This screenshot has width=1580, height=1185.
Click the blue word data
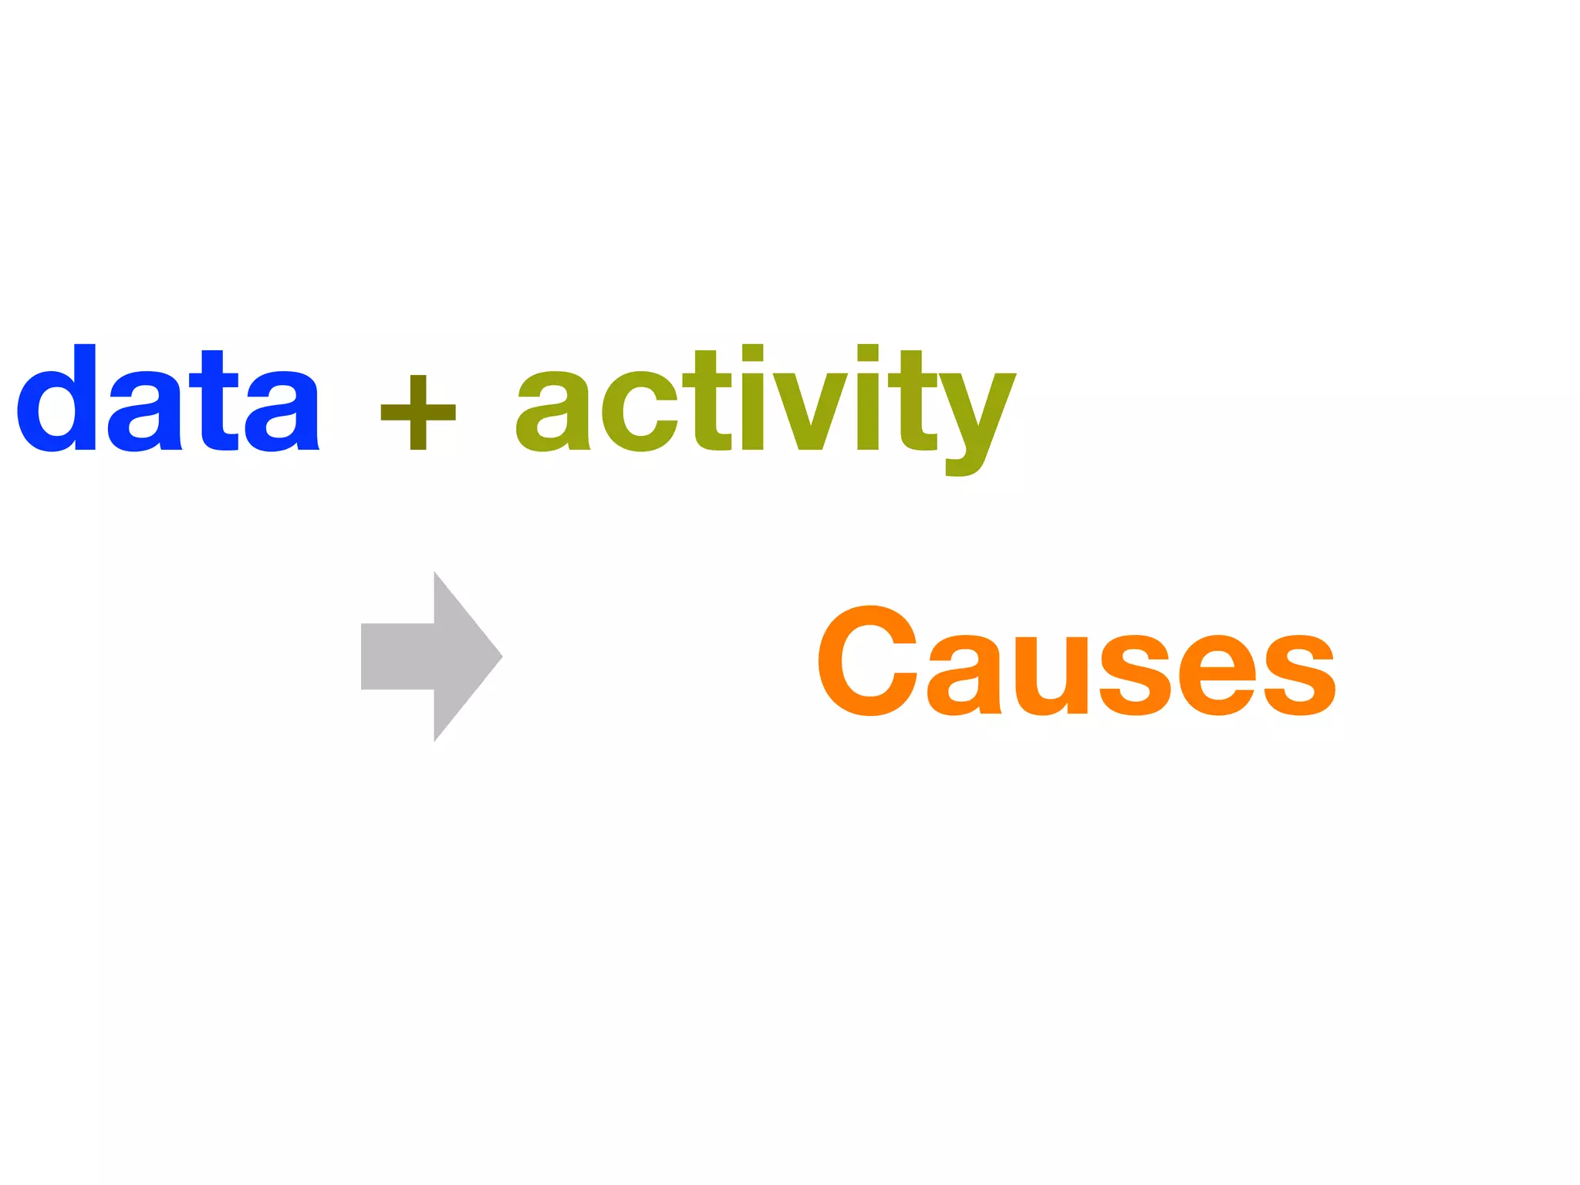click(x=168, y=401)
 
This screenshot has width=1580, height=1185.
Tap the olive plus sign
click(x=418, y=412)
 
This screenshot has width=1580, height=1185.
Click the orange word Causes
click(x=1076, y=662)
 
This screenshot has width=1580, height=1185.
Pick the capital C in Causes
click(x=866, y=661)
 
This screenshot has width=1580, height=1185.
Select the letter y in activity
click(x=978, y=417)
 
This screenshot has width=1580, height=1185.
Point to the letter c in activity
click(x=639, y=412)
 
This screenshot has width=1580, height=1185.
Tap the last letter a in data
click(x=282, y=412)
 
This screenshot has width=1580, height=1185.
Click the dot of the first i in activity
click(x=752, y=353)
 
